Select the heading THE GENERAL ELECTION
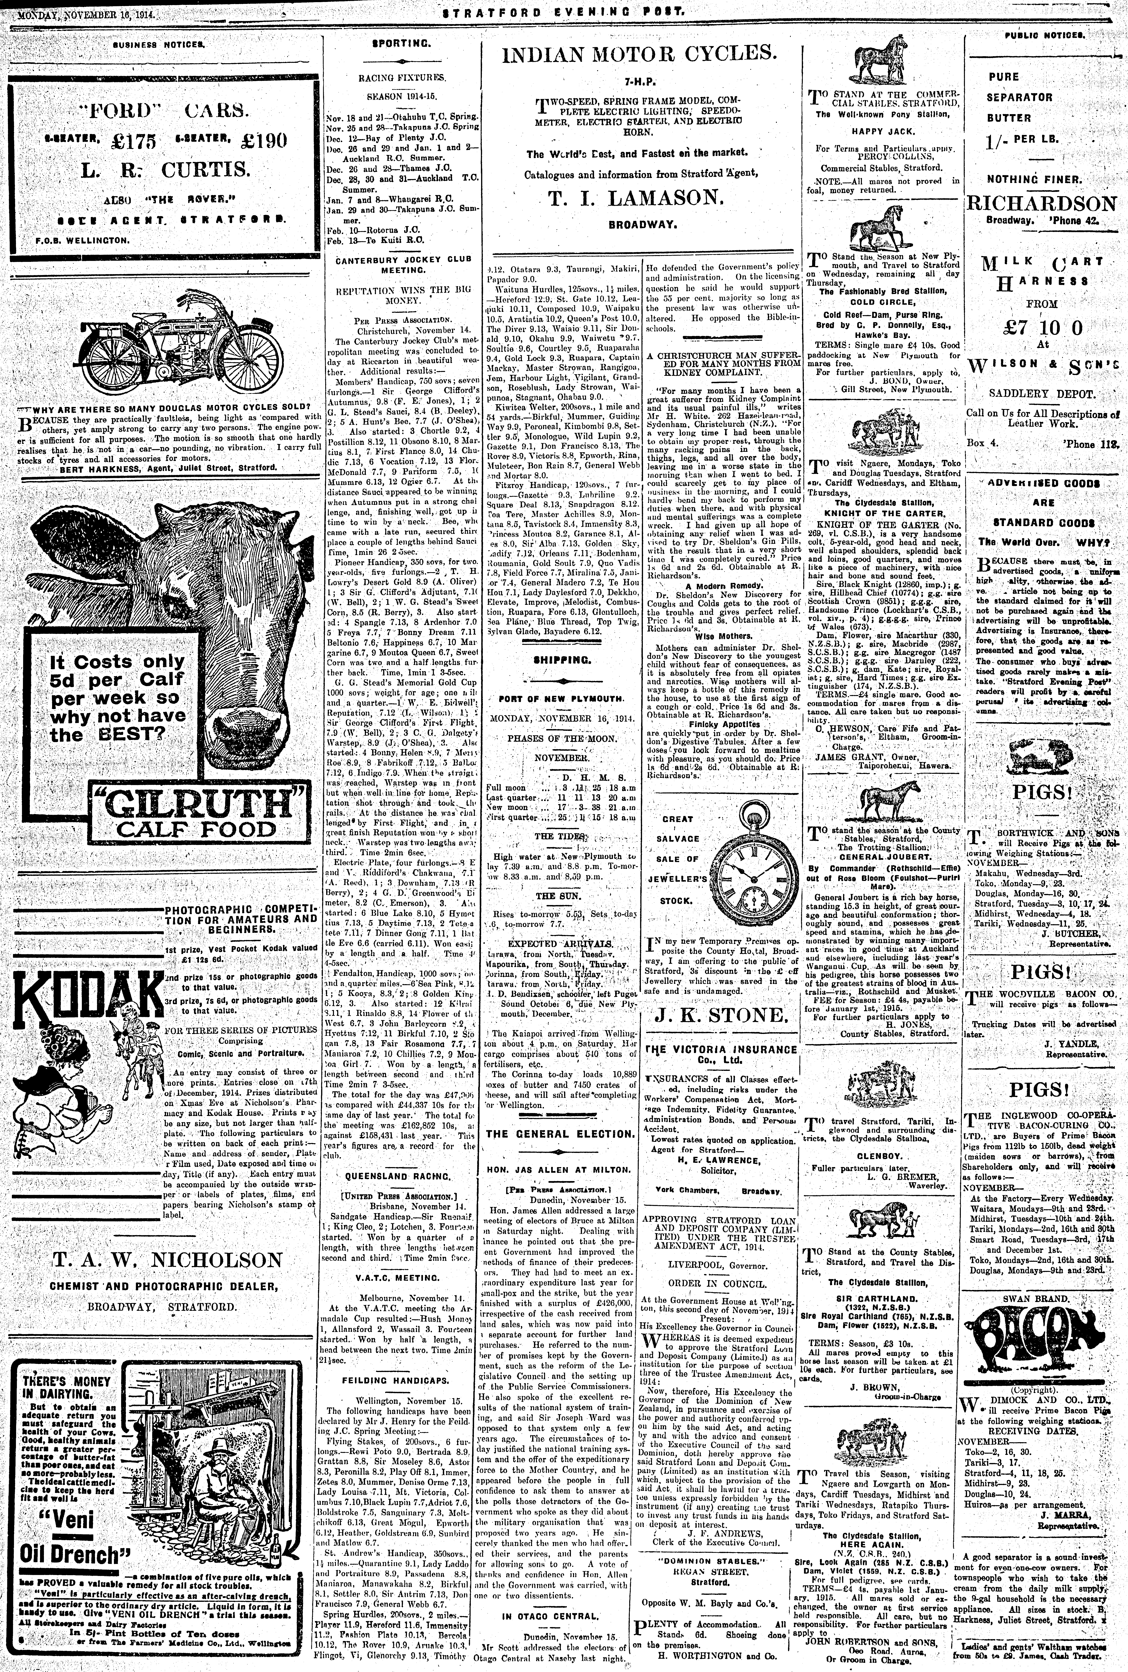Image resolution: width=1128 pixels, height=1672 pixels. click(559, 1133)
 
